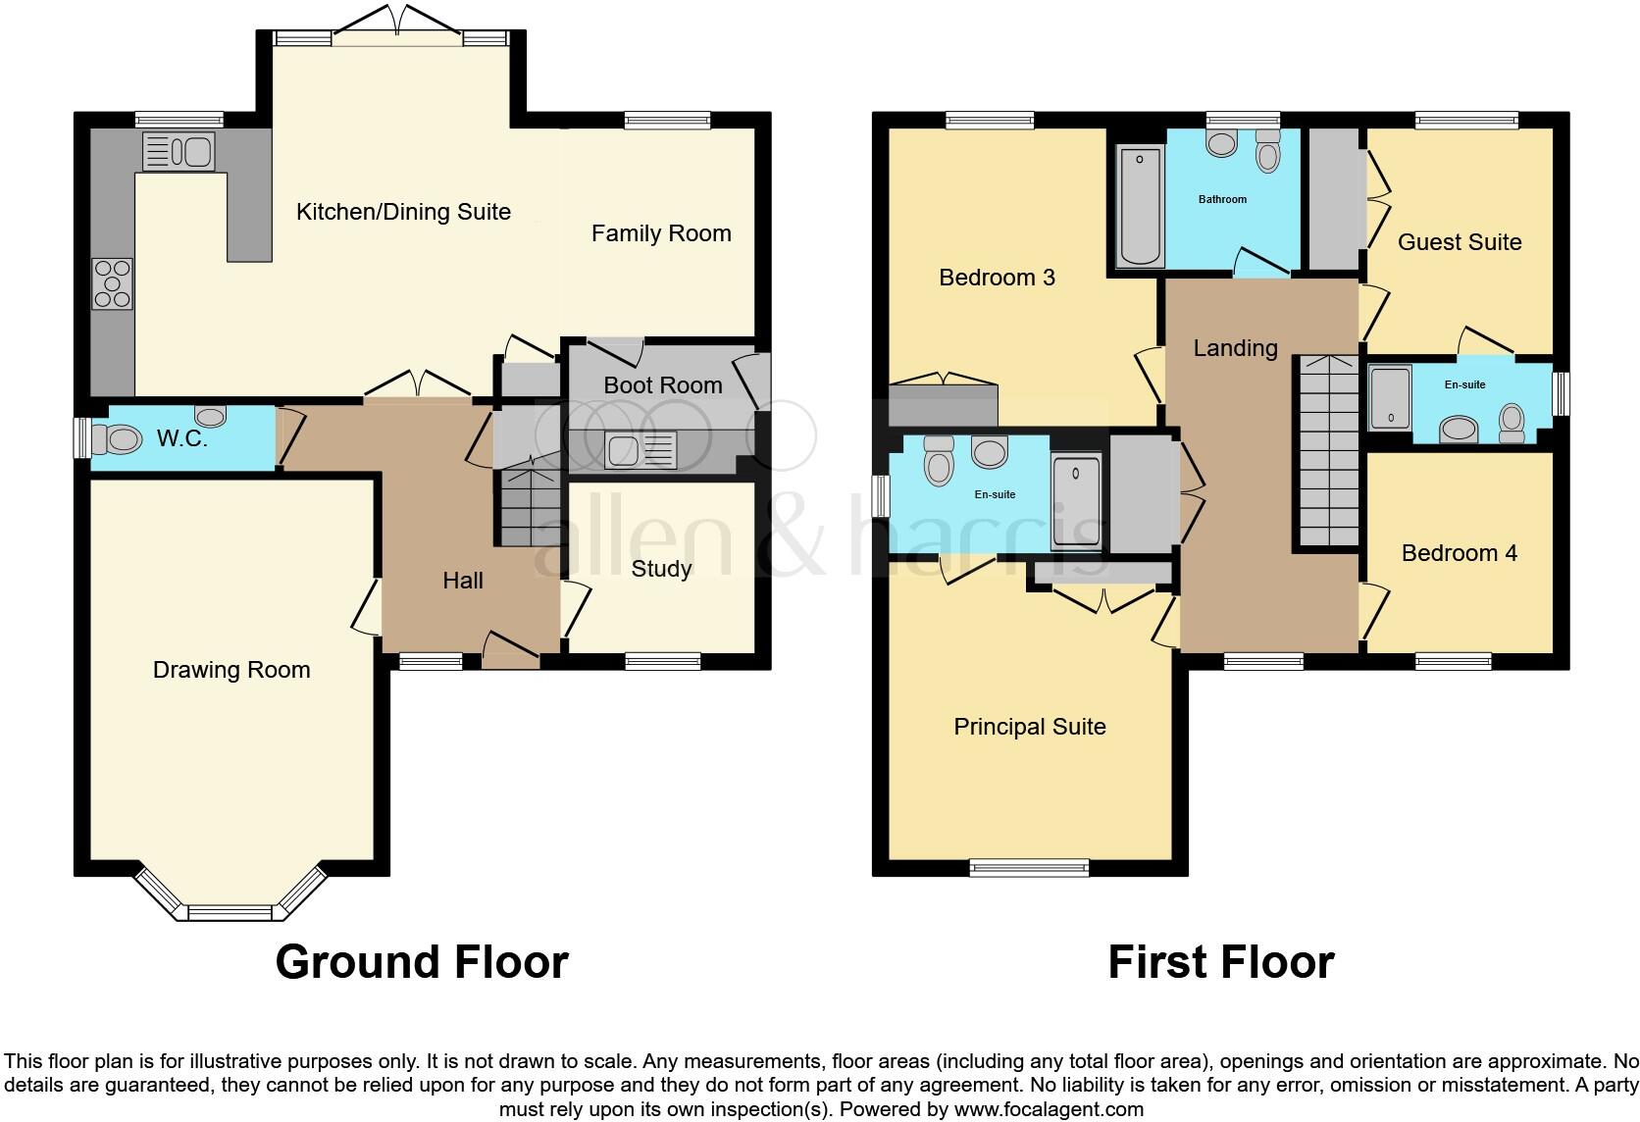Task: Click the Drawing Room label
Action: (x=231, y=670)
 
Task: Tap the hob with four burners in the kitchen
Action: (x=112, y=283)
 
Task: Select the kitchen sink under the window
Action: (x=179, y=152)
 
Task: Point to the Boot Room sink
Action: (x=641, y=451)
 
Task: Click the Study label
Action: (x=661, y=569)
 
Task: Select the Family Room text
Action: (x=661, y=233)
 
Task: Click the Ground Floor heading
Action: (x=422, y=962)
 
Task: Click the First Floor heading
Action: (x=1220, y=962)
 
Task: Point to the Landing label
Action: (x=1235, y=348)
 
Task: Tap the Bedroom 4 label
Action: (x=1459, y=553)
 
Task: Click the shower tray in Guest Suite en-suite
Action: (x=1389, y=397)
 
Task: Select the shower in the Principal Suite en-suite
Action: (x=1075, y=500)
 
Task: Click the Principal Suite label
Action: (x=1029, y=727)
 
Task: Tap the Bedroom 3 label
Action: (x=997, y=278)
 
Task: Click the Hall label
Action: (x=462, y=581)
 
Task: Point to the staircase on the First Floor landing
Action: (x=1328, y=451)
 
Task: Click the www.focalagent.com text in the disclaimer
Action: (x=1049, y=1109)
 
